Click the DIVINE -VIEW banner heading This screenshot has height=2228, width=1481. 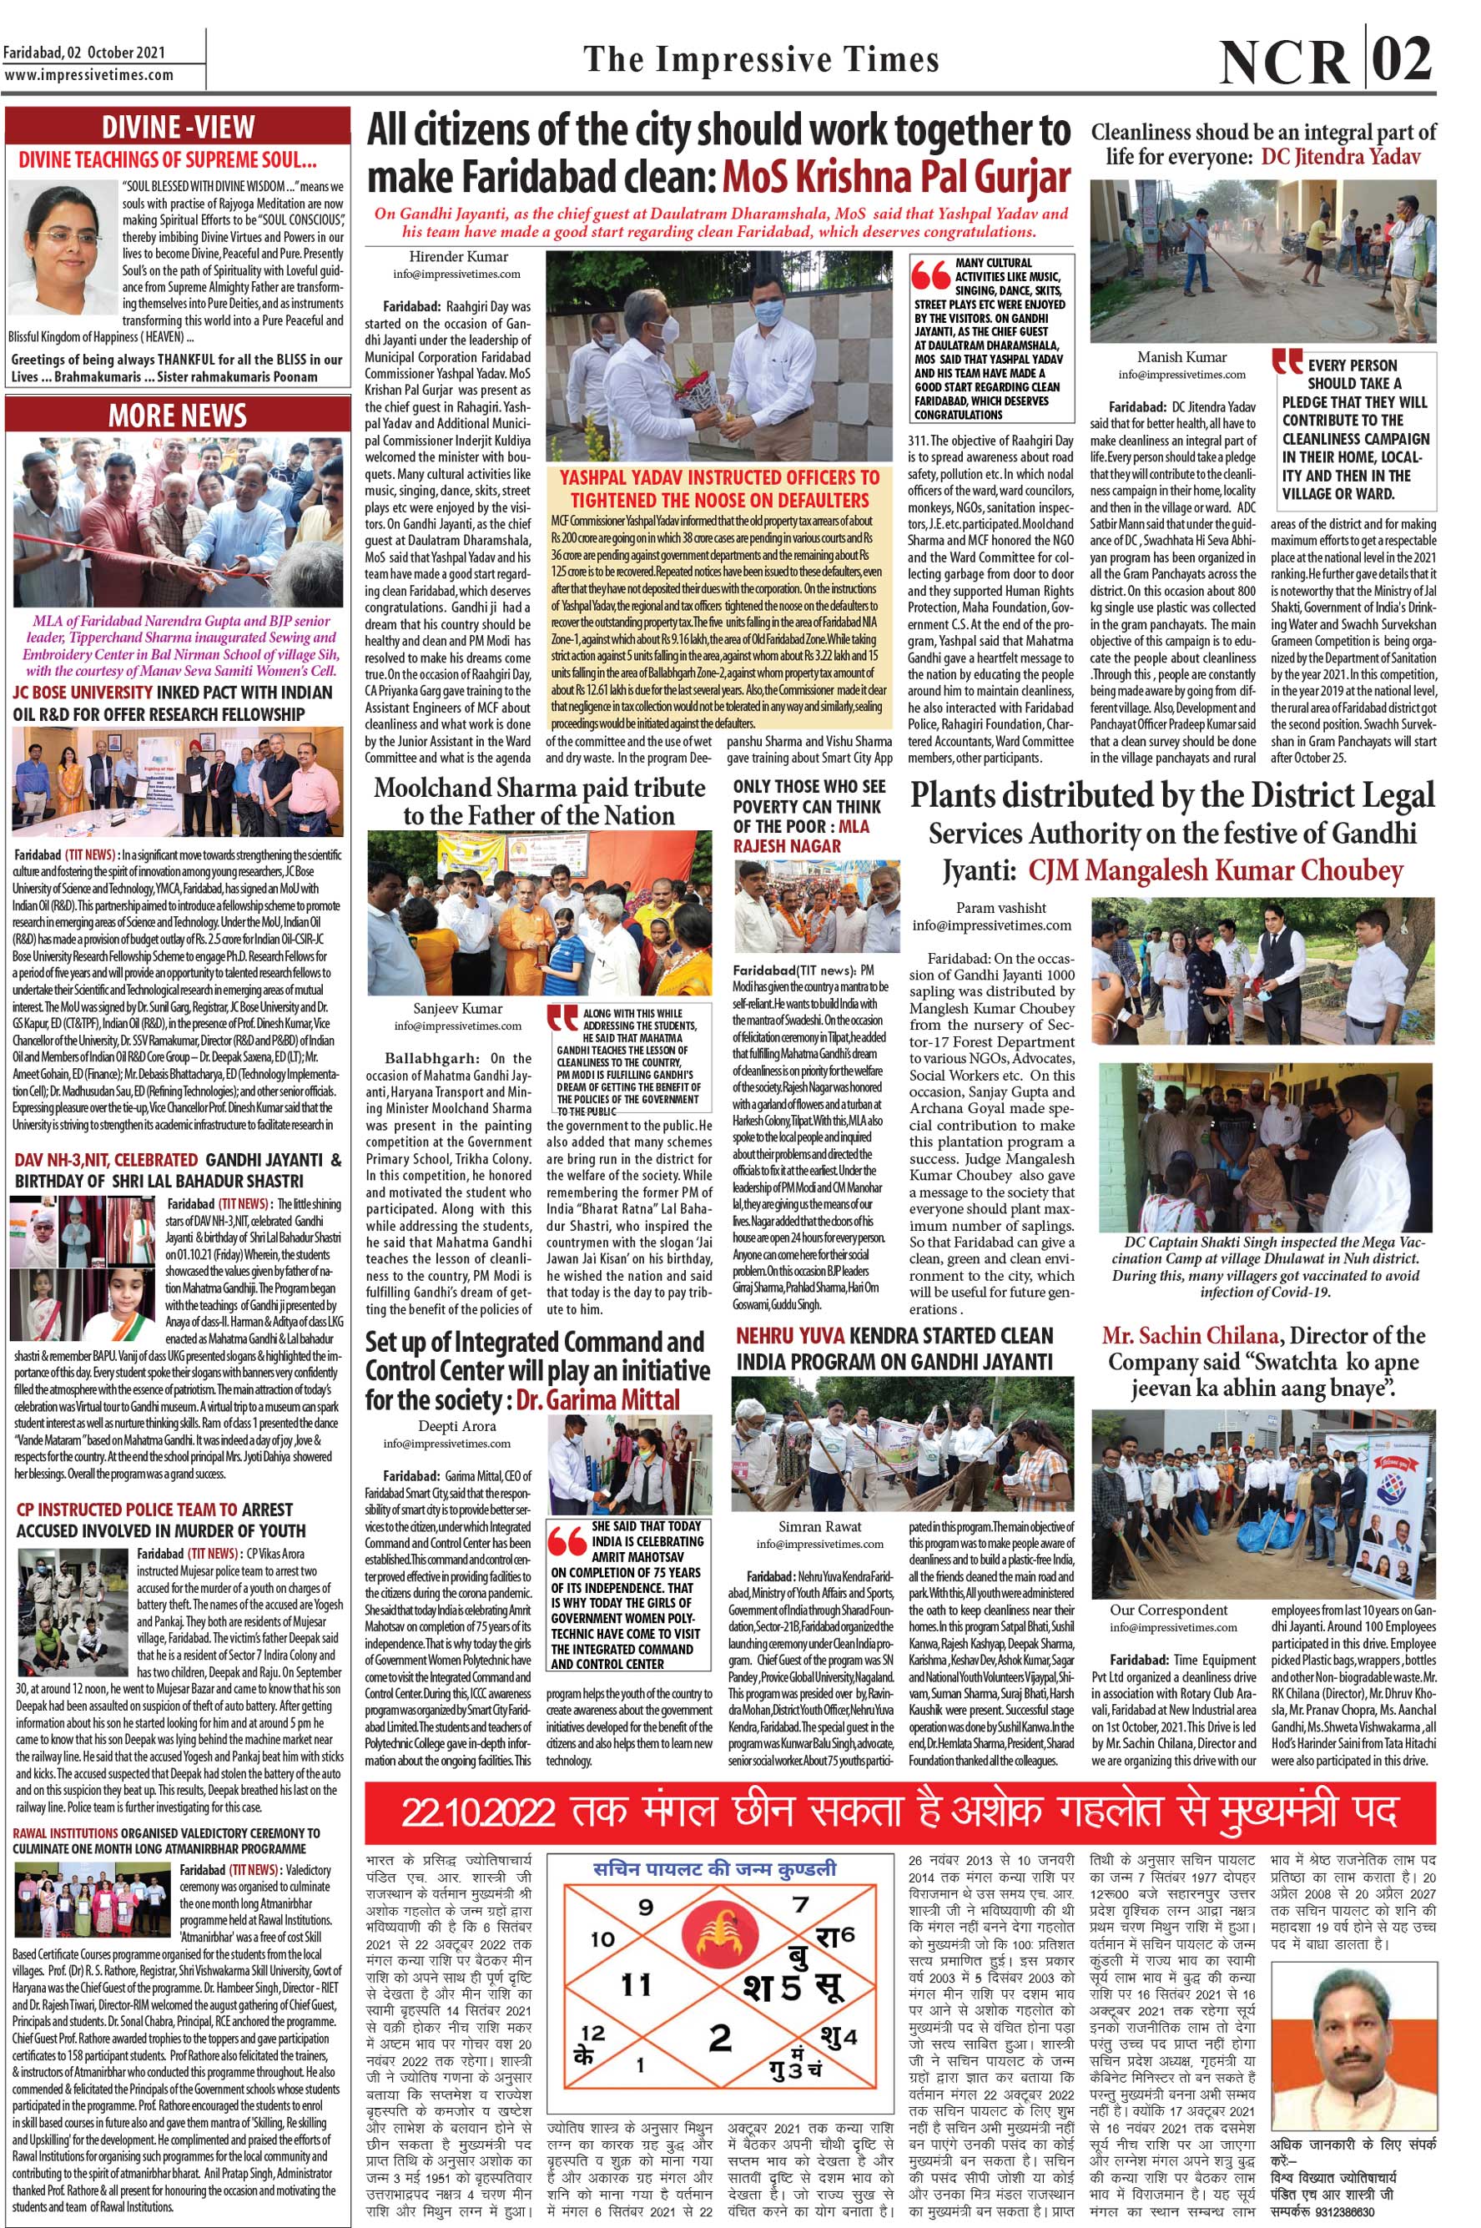click(178, 127)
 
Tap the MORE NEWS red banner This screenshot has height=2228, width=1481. click(178, 416)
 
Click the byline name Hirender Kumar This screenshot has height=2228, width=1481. click(458, 257)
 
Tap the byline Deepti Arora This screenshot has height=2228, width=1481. click(450, 1426)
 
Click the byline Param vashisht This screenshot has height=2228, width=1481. click(992, 908)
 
